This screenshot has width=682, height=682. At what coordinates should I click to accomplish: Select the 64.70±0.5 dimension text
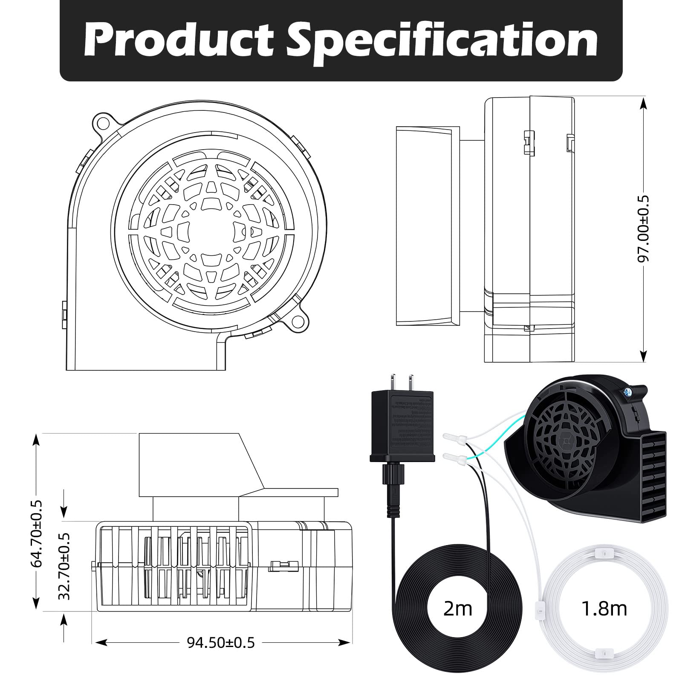pos(38,533)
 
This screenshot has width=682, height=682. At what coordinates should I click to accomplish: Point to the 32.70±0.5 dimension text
pos(64,566)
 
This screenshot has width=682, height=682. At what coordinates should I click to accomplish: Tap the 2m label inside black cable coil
pos(457,609)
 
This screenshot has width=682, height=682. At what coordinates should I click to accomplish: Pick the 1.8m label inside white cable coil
pos(604,609)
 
